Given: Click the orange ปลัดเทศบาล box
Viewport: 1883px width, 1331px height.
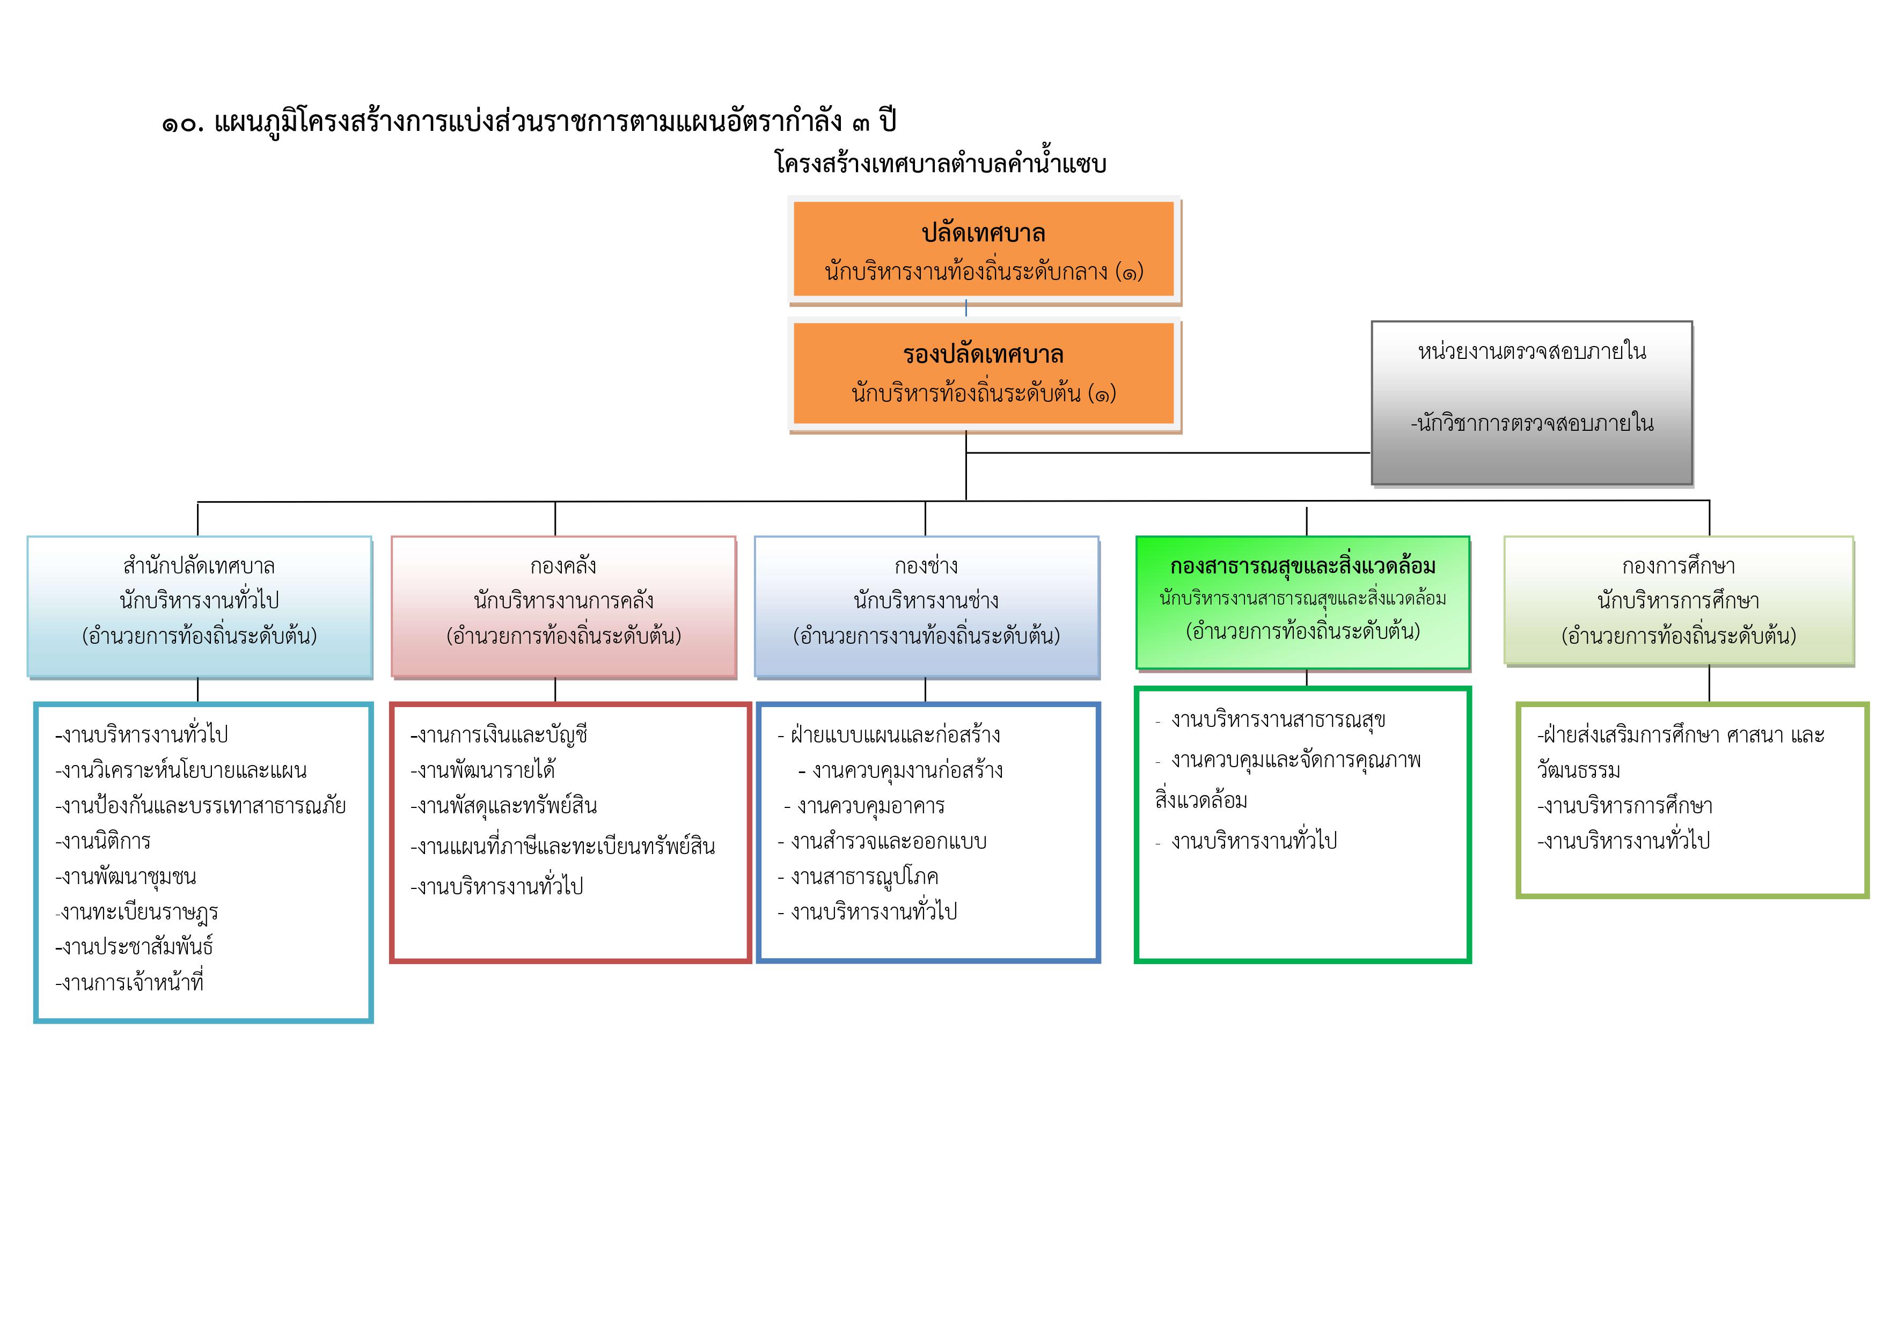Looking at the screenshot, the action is pos(984,249).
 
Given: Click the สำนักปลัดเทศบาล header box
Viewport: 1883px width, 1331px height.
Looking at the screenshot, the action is pos(199,607).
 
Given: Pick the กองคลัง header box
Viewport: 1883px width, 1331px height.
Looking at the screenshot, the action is pos(563,607).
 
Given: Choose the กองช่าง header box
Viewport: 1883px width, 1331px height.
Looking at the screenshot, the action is pos(927,607).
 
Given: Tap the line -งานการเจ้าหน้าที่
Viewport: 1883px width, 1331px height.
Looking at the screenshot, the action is pos(129,982).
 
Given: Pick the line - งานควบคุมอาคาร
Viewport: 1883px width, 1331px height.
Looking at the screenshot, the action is pos(864,806).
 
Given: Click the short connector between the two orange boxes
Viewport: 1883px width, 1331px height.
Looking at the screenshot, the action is pos(966,308).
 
